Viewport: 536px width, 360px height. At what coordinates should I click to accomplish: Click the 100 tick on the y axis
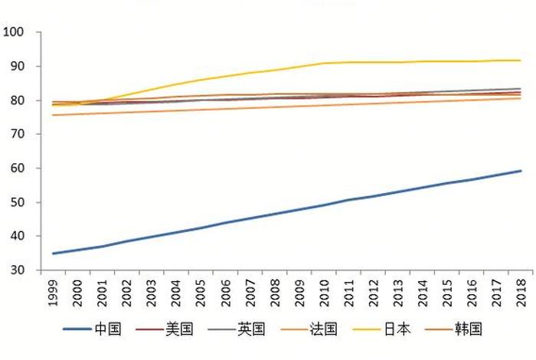pyautogui.click(x=15, y=32)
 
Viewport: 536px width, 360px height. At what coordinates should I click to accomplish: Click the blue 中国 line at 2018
pyautogui.click(x=521, y=171)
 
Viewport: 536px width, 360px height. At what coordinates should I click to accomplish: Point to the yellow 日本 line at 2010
pyautogui.click(x=325, y=63)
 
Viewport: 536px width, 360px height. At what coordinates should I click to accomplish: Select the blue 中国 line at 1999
pyautogui.click(x=53, y=254)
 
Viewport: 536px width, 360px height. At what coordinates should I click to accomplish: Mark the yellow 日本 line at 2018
pyautogui.click(x=521, y=61)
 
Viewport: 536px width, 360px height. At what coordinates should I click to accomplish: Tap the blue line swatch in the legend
pyautogui.click(x=77, y=330)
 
